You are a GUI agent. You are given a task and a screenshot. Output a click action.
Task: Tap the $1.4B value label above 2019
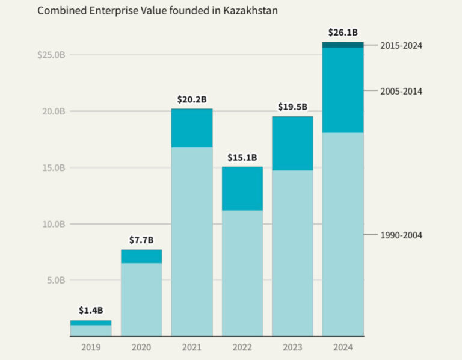pyautogui.click(x=91, y=311)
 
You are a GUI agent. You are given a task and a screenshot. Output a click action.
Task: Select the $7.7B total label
pyautogui.click(x=141, y=240)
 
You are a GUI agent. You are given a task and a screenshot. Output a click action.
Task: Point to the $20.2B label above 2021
pyautogui.click(x=192, y=99)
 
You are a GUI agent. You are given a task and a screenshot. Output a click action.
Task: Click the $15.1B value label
pyautogui.click(x=242, y=157)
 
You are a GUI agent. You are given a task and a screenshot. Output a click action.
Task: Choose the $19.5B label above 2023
pyautogui.click(x=292, y=107)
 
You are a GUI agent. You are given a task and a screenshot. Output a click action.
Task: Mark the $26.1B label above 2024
pyautogui.click(x=343, y=32)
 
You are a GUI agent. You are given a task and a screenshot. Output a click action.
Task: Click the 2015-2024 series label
pyautogui.click(x=401, y=45)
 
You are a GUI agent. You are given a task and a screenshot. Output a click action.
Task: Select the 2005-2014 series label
pyautogui.click(x=401, y=91)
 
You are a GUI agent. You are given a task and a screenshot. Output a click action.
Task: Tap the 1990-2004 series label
pyautogui.click(x=401, y=235)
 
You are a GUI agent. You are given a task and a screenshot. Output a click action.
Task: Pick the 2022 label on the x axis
pyautogui.click(x=242, y=347)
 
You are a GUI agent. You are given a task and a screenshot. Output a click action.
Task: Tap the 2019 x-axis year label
pyautogui.click(x=91, y=347)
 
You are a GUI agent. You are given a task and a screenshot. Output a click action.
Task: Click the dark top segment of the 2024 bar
pyautogui.click(x=343, y=45)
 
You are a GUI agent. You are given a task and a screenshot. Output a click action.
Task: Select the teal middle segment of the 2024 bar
pyautogui.click(x=343, y=90)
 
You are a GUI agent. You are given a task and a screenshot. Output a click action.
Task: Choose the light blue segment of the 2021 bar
pyautogui.click(x=192, y=241)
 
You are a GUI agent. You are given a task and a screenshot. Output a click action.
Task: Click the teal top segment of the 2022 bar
pyautogui.click(x=242, y=188)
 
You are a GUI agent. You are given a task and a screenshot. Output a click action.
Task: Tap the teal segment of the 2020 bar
pyautogui.click(x=141, y=256)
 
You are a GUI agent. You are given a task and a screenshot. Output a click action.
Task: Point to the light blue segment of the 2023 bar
pyautogui.click(x=292, y=253)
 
